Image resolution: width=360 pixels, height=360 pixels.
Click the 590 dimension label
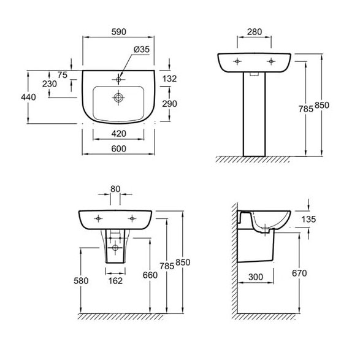pos(119,32)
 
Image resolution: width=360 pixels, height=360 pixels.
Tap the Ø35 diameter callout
pos(142,49)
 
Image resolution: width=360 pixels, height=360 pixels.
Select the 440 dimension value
pos(28,97)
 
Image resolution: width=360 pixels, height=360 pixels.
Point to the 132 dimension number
pos(169,79)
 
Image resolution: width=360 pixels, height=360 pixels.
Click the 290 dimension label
pos(169,104)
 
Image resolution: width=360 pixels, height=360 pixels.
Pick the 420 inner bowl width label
pos(119,134)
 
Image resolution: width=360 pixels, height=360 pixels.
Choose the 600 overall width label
pos(119,149)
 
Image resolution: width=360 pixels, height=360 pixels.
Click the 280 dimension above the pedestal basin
pos(255,32)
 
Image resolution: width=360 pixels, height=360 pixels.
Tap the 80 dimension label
pos(115,189)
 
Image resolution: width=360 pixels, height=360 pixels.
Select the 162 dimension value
pos(115,280)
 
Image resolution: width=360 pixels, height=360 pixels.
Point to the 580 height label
pos(81,280)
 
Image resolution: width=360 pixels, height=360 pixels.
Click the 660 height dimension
pos(150,275)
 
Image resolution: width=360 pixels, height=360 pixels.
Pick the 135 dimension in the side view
pos(308,220)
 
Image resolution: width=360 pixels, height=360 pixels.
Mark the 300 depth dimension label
pos(256,277)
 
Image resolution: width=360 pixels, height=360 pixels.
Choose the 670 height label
pos(299,273)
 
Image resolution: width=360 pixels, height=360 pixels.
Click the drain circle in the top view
pos(118,98)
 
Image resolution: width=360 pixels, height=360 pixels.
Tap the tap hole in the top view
pos(118,80)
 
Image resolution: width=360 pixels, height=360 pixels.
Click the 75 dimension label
pos(62,75)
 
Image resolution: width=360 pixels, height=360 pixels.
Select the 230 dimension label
pos(49,84)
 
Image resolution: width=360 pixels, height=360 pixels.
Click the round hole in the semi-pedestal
pos(115,248)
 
